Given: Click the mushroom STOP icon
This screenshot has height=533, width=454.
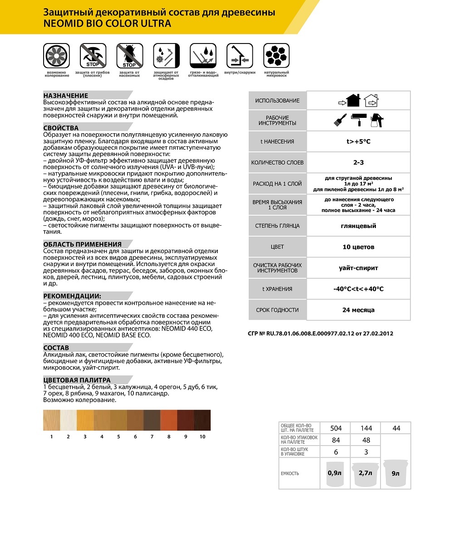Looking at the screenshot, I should click(x=93, y=56).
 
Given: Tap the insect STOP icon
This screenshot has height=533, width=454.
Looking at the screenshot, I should click(x=129, y=56).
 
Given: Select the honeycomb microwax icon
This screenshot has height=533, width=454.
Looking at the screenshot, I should click(x=276, y=56).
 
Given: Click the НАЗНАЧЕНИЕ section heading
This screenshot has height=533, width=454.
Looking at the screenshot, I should click(x=66, y=96).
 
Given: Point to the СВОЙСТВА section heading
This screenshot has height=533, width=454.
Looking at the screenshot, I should click(x=61, y=128).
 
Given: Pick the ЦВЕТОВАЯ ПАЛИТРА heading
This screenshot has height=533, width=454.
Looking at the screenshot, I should click(x=77, y=380).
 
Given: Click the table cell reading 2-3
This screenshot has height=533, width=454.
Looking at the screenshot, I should click(x=358, y=162).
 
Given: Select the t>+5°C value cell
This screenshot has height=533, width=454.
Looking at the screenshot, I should click(x=358, y=141).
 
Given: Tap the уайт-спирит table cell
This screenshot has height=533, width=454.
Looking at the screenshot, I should click(x=358, y=268).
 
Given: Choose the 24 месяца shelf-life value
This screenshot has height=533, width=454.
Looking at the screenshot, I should click(x=358, y=310).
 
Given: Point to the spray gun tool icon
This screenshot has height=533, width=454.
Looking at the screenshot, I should click(x=376, y=120).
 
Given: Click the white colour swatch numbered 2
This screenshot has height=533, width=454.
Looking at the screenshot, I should click(x=68, y=420).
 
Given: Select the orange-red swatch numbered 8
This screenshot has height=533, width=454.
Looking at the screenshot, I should click(x=168, y=420).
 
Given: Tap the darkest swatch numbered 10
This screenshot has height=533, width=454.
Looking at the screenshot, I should click(x=202, y=420).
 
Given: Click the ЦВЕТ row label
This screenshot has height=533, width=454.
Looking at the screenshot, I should click(x=277, y=247).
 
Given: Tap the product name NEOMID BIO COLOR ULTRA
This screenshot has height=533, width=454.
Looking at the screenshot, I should click(x=107, y=23).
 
